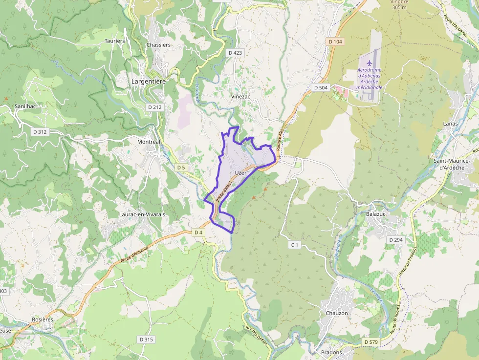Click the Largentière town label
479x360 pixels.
point(149,82)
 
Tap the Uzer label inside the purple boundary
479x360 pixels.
point(240,173)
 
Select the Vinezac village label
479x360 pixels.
point(240,97)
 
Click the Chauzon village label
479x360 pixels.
point(337,313)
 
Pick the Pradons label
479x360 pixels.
point(332,352)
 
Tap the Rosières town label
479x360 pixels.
point(42,319)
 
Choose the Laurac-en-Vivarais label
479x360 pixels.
point(142,214)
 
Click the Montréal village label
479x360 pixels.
point(149,142)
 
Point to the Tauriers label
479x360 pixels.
point(114,41)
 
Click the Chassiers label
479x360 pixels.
point(158,45)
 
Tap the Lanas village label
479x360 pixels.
point(450,124)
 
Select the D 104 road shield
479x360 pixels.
point(336,42)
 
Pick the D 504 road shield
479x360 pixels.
point(321,87)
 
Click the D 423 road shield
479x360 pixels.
point(235,52)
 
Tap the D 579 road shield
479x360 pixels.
point(371,342)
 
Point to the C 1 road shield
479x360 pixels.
point(294,244)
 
